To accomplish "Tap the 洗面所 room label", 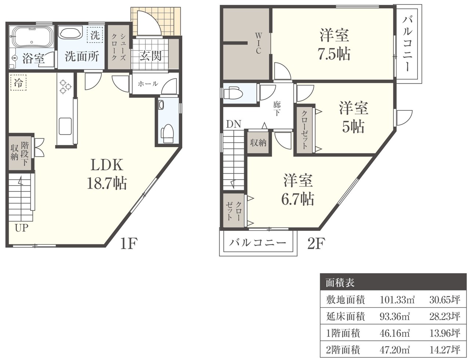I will [82, 57].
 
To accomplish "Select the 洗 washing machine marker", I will [95, 36].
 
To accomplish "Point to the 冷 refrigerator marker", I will [18, 83].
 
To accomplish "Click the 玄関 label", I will [151, 56].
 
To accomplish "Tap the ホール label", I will [148, 84].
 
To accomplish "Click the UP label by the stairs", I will [21, 228].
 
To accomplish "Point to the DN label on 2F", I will [234, 124].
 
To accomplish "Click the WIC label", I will [258, 43].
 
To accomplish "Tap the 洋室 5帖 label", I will [353, 117].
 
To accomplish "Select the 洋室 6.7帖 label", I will [297, 189].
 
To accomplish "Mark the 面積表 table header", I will [340, 283].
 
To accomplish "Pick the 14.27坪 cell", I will [444, 350].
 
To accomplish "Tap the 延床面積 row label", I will [345, 316].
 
